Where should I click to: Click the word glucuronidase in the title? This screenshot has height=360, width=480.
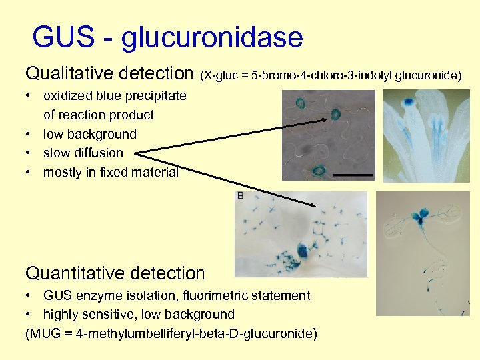click(212, 38)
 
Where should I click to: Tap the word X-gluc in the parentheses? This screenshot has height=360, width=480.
click(223, 75)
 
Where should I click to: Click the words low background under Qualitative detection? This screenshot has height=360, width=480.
click(89, 134)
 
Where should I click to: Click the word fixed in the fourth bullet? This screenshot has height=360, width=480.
click(121, 172)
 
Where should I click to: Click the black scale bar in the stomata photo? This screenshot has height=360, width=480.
click(351, 174)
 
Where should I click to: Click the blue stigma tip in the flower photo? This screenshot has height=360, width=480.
click(407, 102)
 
